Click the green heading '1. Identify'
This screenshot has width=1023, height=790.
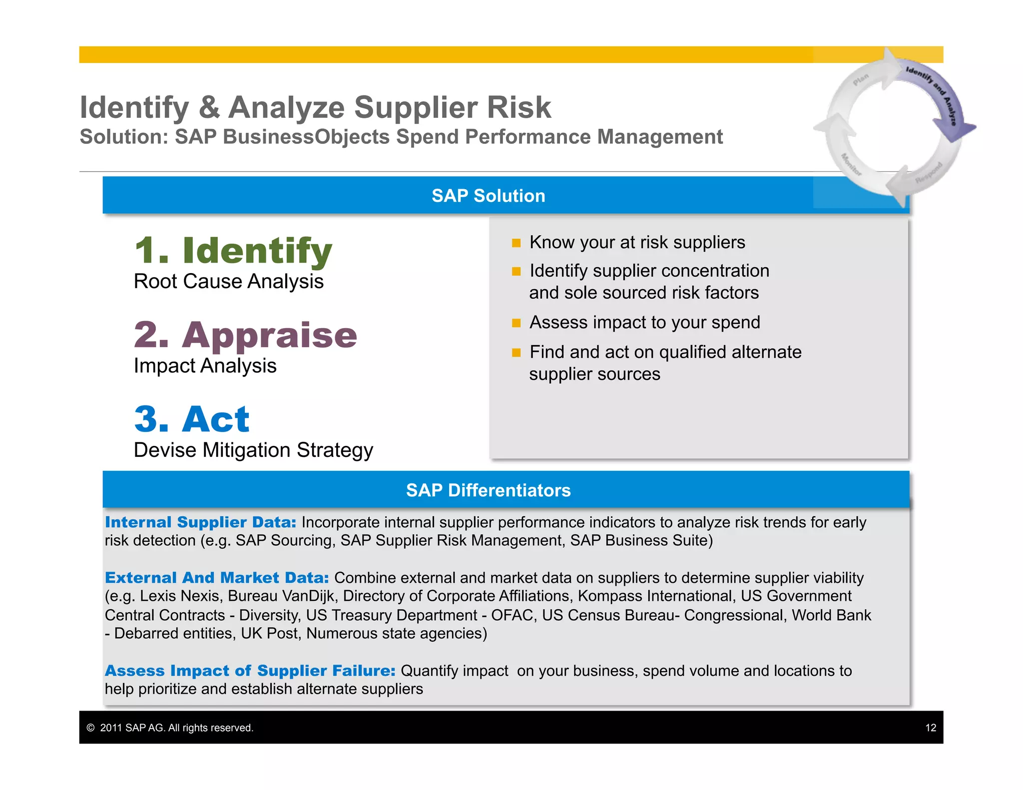(x=233, y=251)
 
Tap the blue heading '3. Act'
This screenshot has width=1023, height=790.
(x=192, y=419)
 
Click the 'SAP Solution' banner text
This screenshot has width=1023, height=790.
(x=488, y=196)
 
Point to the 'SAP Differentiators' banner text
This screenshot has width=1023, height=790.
(x=488, y=490)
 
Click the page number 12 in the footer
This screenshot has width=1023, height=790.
(x=930, y=728)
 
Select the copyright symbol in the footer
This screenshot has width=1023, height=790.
(x=90, y=728)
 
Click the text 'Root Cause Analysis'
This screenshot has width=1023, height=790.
(x=228, y=282)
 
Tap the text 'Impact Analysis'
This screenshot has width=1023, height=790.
(x=205, y=366)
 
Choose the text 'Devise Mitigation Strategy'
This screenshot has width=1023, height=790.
(x=253, y=450)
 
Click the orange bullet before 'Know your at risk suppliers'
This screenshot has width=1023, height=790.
(x=516, y=243)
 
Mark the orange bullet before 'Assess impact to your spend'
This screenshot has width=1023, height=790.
(x=516, y=323)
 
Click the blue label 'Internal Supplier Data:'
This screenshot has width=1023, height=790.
(x=200, y=522)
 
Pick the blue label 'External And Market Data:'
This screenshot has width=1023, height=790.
(x=217, y=578)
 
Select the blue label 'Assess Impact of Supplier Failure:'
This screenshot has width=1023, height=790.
(x=250, y=671)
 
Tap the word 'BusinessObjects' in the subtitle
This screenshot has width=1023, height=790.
(x=306, y=137)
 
